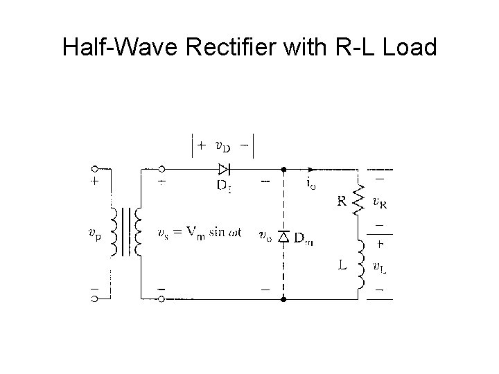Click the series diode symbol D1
pyautogui.click(x=223, y=168)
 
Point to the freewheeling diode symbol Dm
pyautogui.click(x=282, y=237)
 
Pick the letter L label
pyautogui.click(x=343, y=264)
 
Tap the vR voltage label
pyautogui.click(x=379, y=203)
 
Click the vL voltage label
pyautogui.click(x=379, y=267)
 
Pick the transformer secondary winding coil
pyautogui.click(x=139, y=233)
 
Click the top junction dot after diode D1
pyautogui.click(x=283, y=168)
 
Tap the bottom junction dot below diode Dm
pyautogui.click(x=283, y=299)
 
